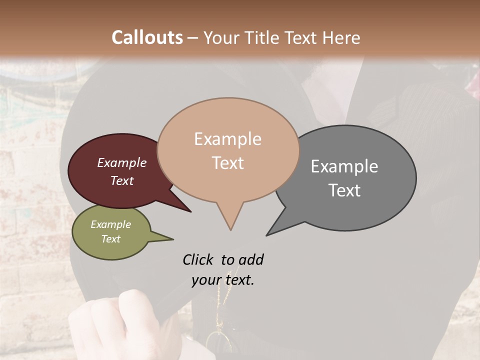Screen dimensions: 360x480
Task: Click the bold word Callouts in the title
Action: point(147,37)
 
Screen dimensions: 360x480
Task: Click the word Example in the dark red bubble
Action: point(122,162)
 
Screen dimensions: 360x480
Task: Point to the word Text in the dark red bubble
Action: point(122,180)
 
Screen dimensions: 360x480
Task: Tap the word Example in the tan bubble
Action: point(227,139)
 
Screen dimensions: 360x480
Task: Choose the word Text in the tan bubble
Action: point(227,162)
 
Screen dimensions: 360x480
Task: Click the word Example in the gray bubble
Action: point(344,166)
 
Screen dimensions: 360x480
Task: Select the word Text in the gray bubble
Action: point(344,190)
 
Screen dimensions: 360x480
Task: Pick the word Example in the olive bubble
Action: point(111,224)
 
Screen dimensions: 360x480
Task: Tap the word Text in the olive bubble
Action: point(111,239)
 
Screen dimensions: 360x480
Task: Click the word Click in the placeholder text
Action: point(198,259)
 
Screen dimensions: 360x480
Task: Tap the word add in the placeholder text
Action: point(251,259)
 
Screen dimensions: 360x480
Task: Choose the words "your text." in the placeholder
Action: point(223,280)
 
